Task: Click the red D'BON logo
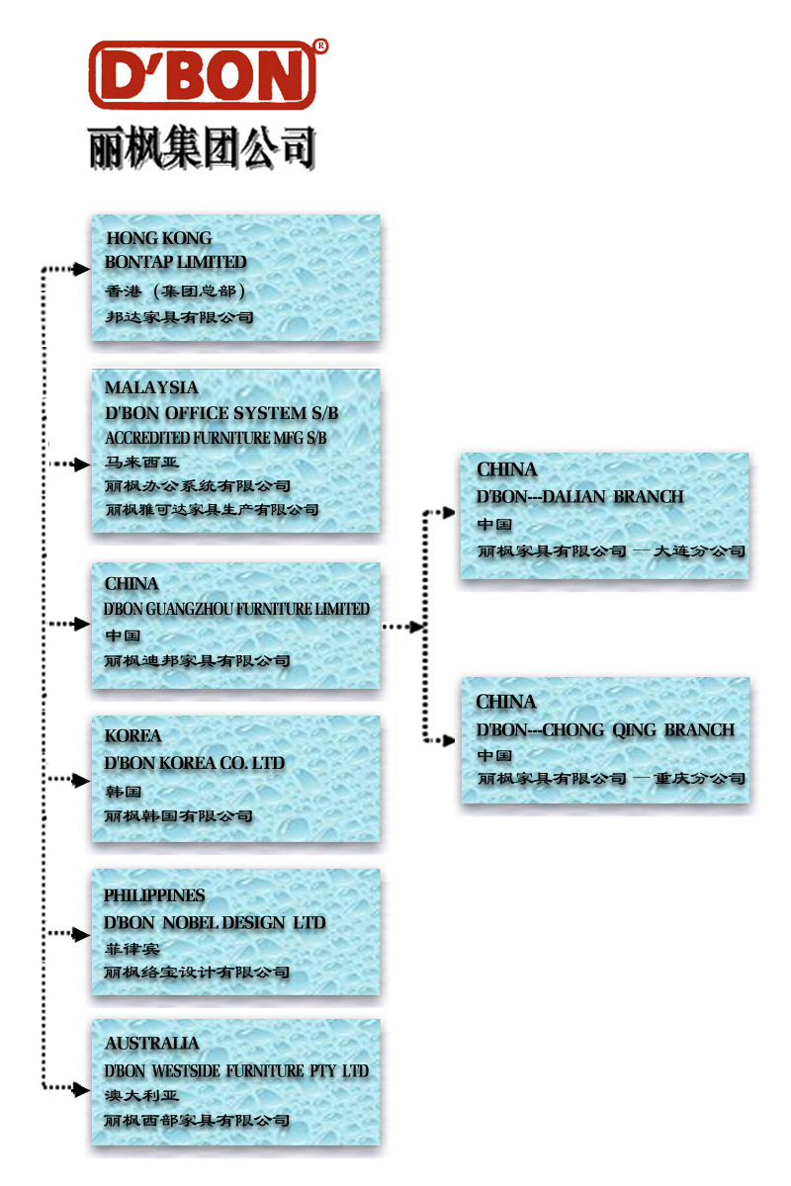(x=203, y=74)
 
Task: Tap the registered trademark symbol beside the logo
(x=320, y=45)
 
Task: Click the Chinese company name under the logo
(x=203, y=148)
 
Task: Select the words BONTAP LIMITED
(x=176, y=263)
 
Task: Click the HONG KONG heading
(x=159, y=238)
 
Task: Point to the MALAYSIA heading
(x=151, y=387)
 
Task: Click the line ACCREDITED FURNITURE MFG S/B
(x=216, y=438)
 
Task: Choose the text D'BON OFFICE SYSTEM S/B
(x=221, y=413)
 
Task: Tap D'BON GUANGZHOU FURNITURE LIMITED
(x=237, y=609)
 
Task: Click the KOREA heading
(x=132, y=736)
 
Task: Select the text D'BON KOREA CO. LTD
(x=195, y=763)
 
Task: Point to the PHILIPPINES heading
(x=155, y=895)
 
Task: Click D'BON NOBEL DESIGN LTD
(x=215, y=922)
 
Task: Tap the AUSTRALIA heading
(x=152, y=1044)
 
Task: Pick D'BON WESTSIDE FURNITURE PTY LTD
(x=236, y=1071)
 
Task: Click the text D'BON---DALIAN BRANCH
(x=580, y=496)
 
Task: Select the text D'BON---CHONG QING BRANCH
(x=605, y=730)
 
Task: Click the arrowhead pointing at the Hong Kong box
(x=83, y=269)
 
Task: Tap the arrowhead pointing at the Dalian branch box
(x=451, y=513)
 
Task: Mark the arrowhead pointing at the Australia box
(x=83, y=1089)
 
